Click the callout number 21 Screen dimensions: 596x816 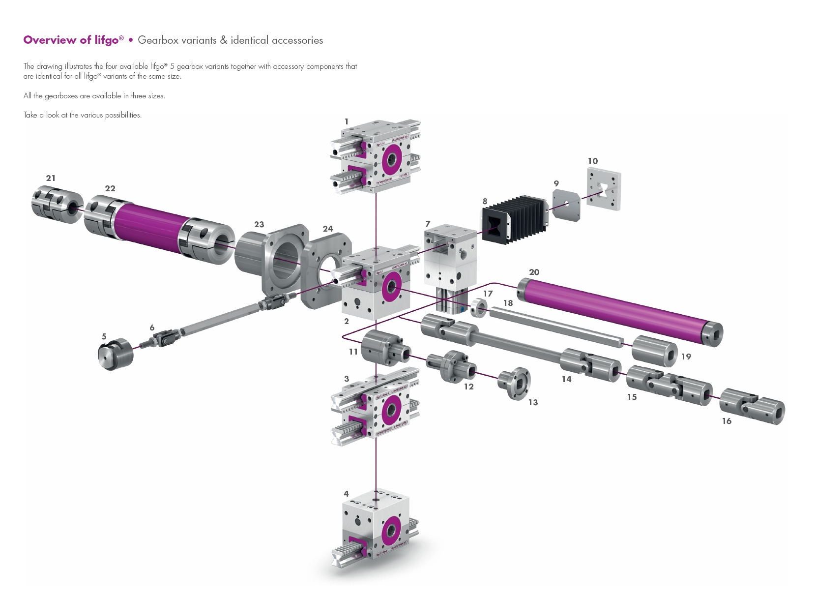pos(51,178)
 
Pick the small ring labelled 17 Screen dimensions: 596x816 pos(479,308)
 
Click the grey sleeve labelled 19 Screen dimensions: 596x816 pos(654,351)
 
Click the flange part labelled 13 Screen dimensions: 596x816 pos(515,383)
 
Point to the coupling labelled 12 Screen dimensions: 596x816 pos(451,366)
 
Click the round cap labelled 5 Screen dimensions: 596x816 pos(116,354)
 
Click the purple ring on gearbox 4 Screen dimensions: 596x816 pos(391,531)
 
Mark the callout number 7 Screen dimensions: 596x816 pos(428,224)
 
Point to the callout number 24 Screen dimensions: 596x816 pos(328,229)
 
